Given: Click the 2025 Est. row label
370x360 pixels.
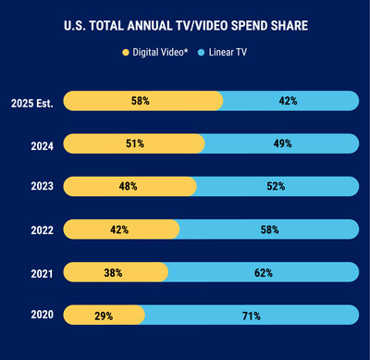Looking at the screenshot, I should (x=31, y=101).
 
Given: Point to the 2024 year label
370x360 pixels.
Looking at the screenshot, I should (x=41, y=143).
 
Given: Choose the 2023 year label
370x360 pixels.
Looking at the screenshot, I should (x=41, y=186).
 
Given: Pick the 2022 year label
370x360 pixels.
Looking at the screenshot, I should (x=41, y=230).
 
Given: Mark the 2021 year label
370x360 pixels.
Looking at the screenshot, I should (x=41, y=272).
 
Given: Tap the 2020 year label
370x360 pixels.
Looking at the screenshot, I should (x=41, y=316).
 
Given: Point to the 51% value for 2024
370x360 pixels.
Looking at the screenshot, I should (x=129, y=143).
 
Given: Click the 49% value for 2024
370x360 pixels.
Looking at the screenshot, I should (x=281, y=143).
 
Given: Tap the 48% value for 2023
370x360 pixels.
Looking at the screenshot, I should (x=127, y=186).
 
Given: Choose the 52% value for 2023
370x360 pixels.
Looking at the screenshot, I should (x=276, y=186).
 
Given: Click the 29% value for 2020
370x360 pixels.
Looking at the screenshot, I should (x=104, y=316).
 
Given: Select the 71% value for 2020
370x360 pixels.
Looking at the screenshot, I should (x=251, y=316).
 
